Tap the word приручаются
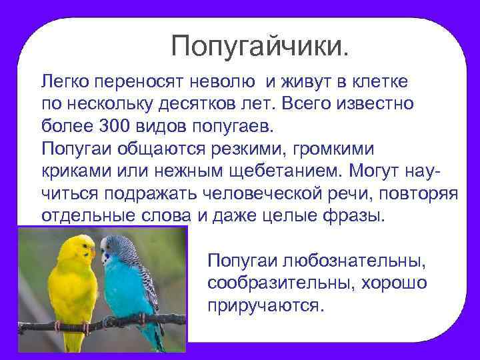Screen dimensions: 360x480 [x=265, y=305]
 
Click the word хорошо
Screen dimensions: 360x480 [x=394, y=283]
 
